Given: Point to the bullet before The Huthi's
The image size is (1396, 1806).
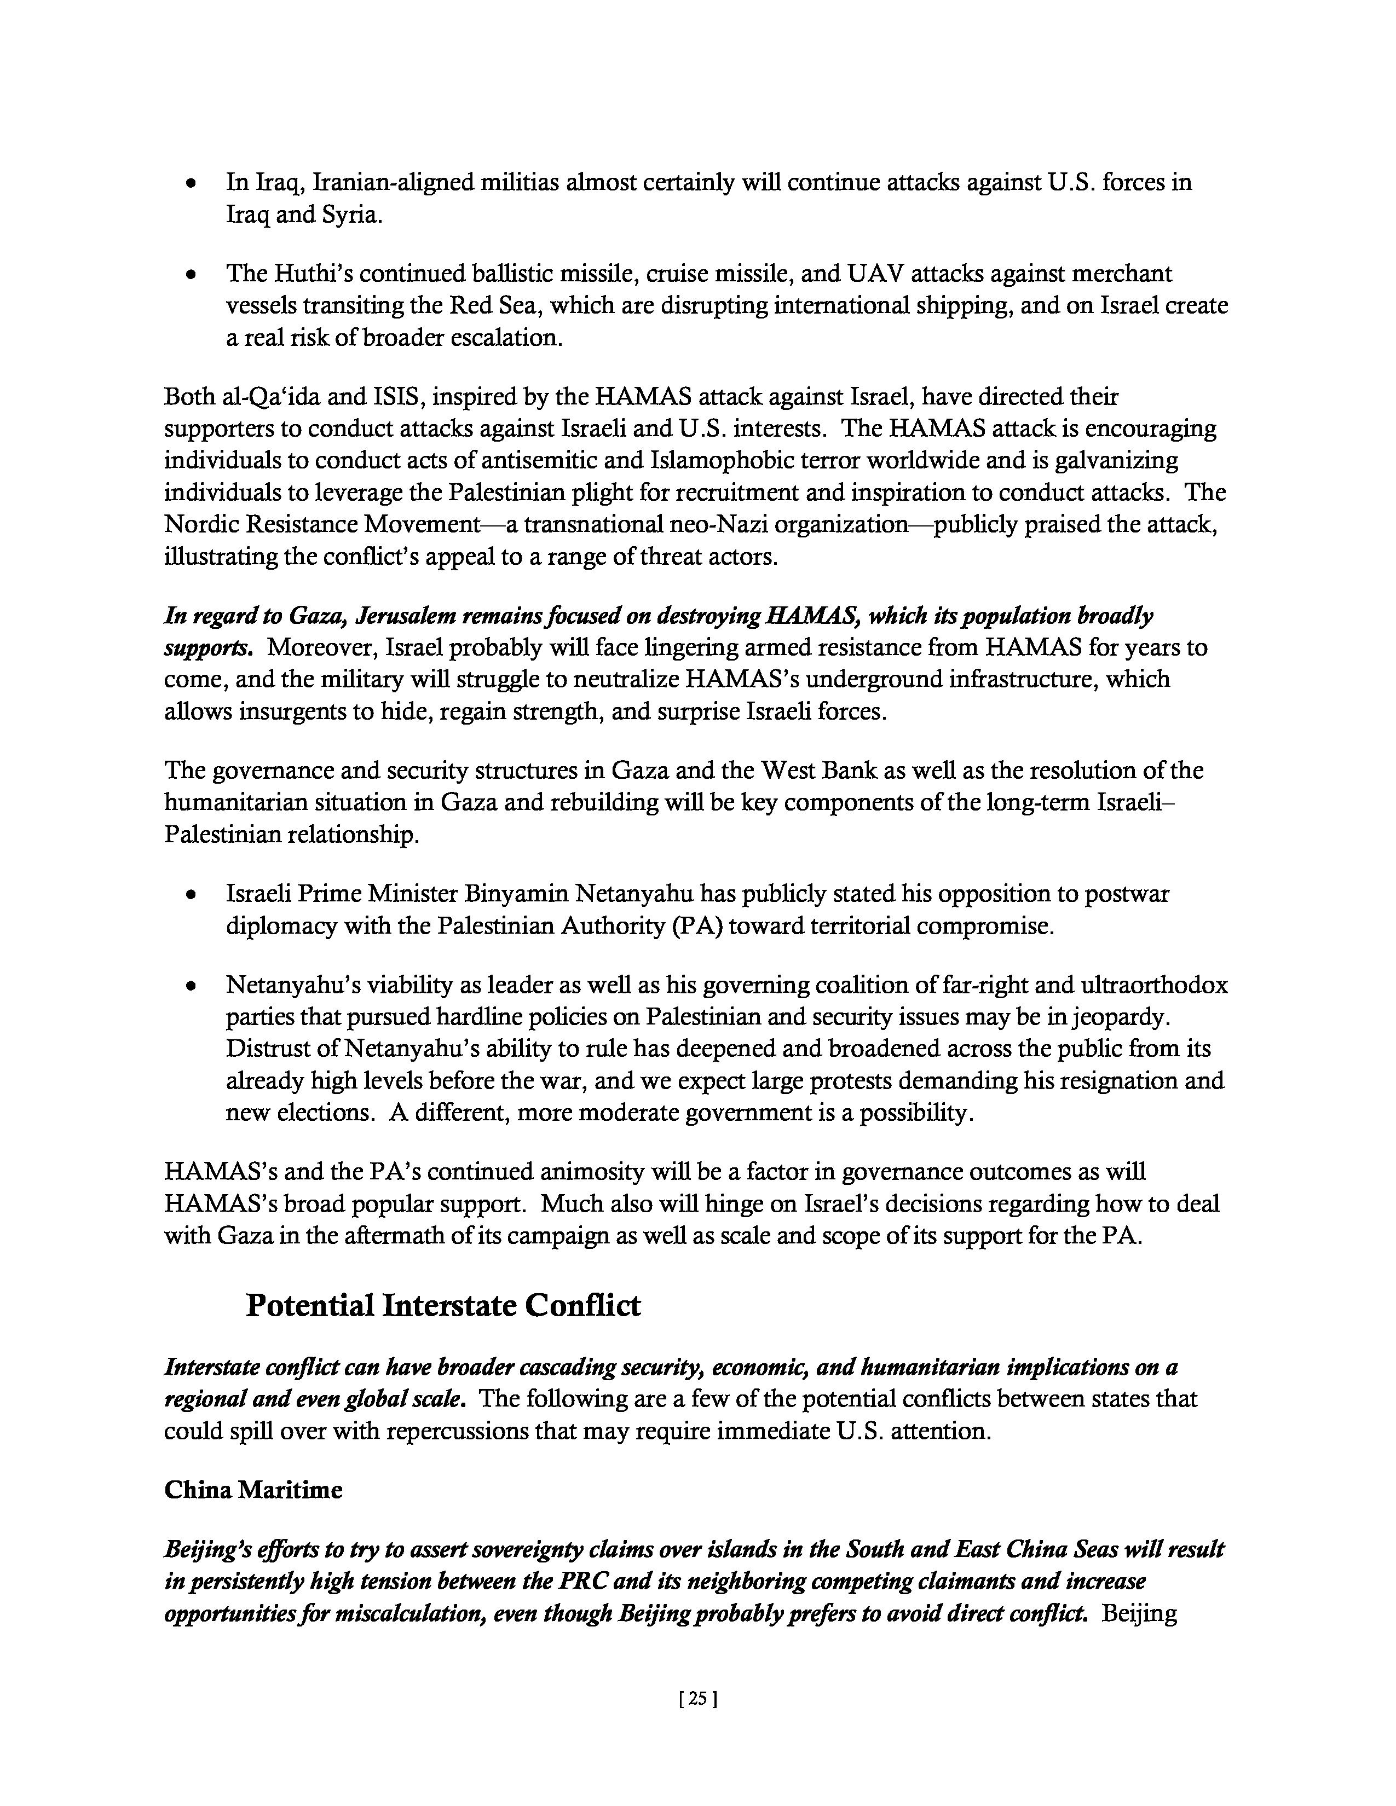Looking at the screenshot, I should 191,274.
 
